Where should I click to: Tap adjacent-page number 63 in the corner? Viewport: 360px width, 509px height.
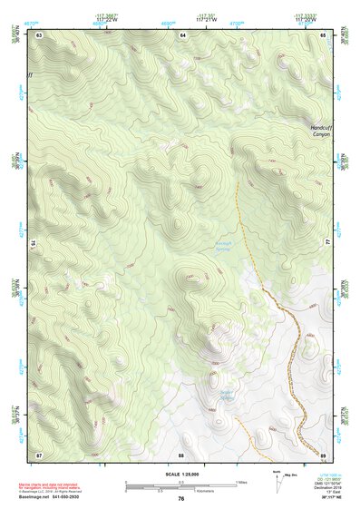tap(40, 34)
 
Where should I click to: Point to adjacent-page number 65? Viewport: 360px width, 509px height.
tap(323, 34)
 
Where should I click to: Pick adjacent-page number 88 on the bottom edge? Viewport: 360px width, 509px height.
tap(181, 454)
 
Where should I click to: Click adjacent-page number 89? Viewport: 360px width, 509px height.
tap(323, 454)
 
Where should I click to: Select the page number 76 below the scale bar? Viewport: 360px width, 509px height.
tap(181, 498)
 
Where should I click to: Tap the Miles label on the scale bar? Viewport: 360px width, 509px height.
tap(241, 482)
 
